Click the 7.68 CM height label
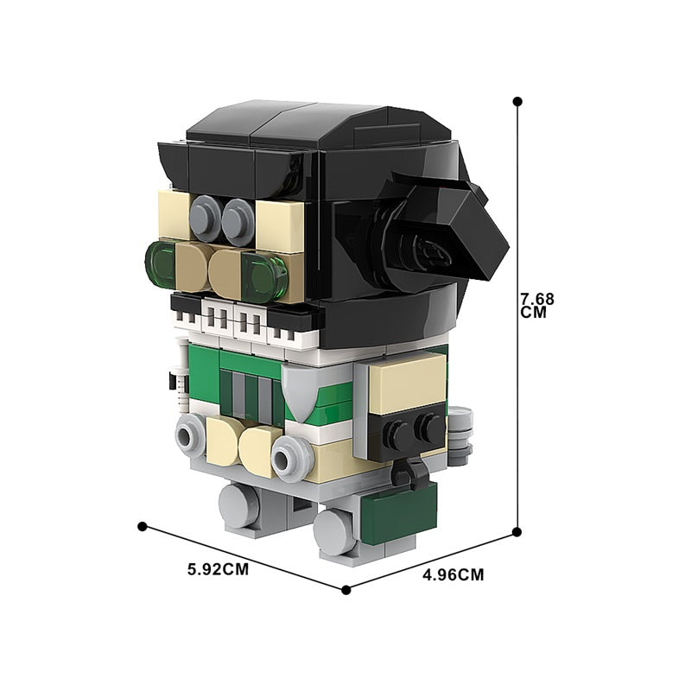pyautogui.click(x=537, y=306)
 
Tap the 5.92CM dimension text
pyautogui.click(x=219, y=569)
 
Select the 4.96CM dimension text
pyautogui.click(x=453, y=574)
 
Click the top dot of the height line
pyautogui.click(x=517, y=102)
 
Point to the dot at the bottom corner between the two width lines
pyautogui.click(x=346, y=590)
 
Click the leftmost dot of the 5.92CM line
pyautogui.click(x=142, y=526)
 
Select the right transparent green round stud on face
pyautogui.click(x=264, y=276)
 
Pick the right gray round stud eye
pyautogui.click(x=238, y=222)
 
